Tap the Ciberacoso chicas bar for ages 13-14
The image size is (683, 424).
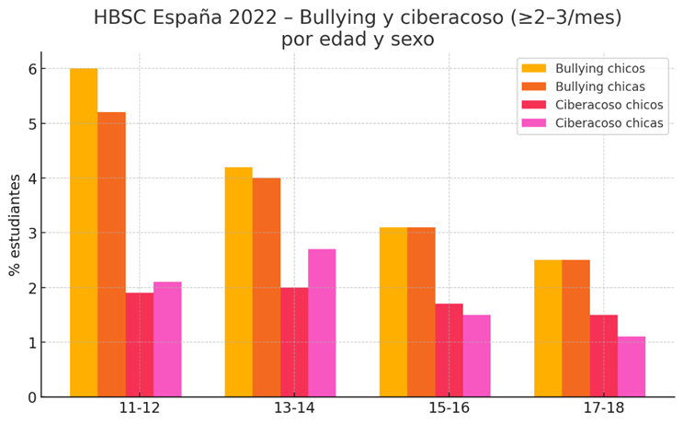322,323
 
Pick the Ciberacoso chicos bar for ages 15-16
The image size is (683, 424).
449,350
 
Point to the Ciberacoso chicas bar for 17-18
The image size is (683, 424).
631,367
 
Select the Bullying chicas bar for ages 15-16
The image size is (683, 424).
421,312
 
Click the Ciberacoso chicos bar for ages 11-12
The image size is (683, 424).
140,345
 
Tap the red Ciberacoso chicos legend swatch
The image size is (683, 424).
534,105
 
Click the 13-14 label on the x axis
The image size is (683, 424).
294,410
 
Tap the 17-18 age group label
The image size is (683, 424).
603,410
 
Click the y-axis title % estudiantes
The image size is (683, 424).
15,224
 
